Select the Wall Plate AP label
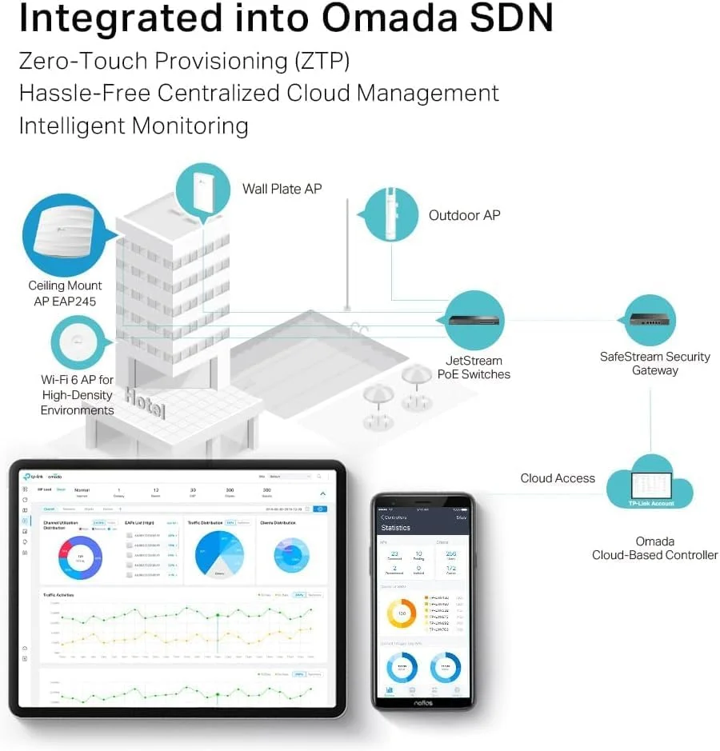coord(282,189)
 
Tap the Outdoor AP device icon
coord(391,214)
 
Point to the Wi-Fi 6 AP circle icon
coord(78,342)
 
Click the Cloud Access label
coord(558,478)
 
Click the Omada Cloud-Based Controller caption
coord(654,548)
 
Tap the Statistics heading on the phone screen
coord(396,528)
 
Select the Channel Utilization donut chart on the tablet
coord(80,557)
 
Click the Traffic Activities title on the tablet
coord(59,595)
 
